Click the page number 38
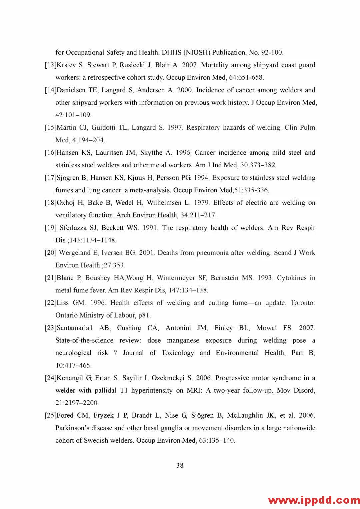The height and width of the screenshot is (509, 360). click(180, 465)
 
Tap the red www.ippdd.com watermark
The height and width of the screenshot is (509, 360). click(314, 500)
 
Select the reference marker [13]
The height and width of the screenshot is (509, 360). click(51, 65)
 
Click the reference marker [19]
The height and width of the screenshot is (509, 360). click(51, 228)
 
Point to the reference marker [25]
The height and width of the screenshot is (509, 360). click(51, 415)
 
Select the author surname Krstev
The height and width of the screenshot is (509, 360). click(66, 65)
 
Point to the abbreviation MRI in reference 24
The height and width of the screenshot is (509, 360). click(194, 390)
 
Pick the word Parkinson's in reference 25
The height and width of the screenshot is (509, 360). click(72, 428)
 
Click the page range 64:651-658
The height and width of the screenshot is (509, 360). click(246, 78)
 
